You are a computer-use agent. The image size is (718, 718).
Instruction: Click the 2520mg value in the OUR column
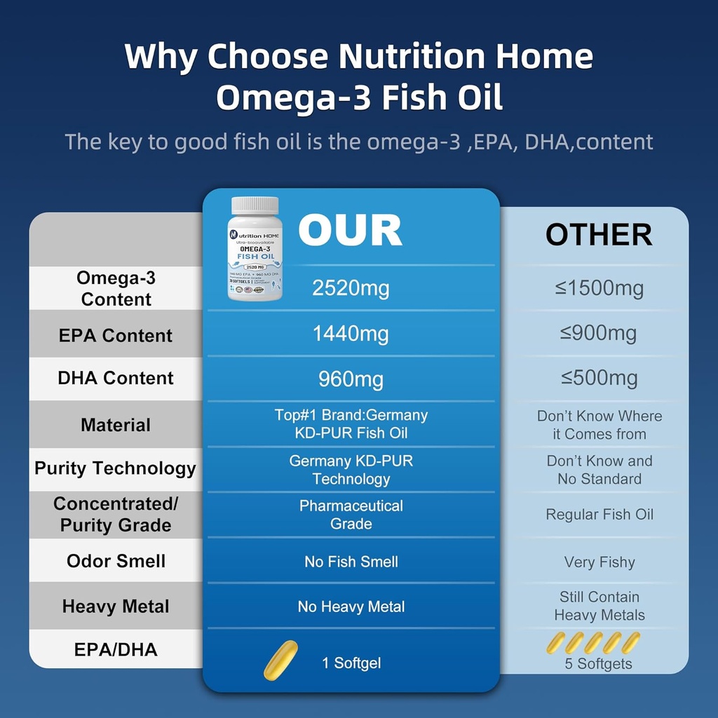pyautogui.click(x=350, y=288)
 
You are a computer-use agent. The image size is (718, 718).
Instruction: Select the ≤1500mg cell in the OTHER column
pyautogui.click(x=599, y=288)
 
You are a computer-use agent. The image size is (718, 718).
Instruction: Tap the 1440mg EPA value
pyautogui.click(x=351, y=334)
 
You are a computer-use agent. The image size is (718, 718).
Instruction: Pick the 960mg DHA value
pyautogui.click(x=351, y=379)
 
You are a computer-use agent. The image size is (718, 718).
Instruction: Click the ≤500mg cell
pyautogui.click(x=599, y=379)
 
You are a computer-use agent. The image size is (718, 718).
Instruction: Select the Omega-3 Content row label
pyautogui.click(x=116, y=288)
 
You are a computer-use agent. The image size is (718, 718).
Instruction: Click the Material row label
pyautogui.click(x=116, y=425)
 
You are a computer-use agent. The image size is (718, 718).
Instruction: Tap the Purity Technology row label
pyautogui.click(x=116, y=468)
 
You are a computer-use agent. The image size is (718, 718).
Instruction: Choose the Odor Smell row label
pyautogui.click(x=116, y=561)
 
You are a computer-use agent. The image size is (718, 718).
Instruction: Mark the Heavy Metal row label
pyautogui.click(x=116, y=607)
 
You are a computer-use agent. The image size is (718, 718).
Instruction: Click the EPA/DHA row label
pyautogui.click(x=116, y=650)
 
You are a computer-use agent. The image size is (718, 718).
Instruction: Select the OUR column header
pyautogui.click(x=350, y=230)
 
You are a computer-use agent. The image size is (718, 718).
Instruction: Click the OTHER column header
pyautogui.click(x=599, y=236)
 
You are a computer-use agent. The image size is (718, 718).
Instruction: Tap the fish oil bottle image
pyautogui.click(x=255, y=252)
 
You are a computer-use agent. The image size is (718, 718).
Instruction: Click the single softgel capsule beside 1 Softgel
pyautogui.click(x=280, y=661)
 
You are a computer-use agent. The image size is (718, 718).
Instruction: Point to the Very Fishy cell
pyautogui.click(x=599, y=562)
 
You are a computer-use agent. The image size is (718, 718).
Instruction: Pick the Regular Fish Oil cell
pyautogui.click(x=599, y=515)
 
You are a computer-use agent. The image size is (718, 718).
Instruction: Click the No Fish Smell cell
pyautogui.click(x=351, y=562)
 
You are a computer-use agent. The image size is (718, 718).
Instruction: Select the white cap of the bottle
pyautogui.click(x=255, y=206)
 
